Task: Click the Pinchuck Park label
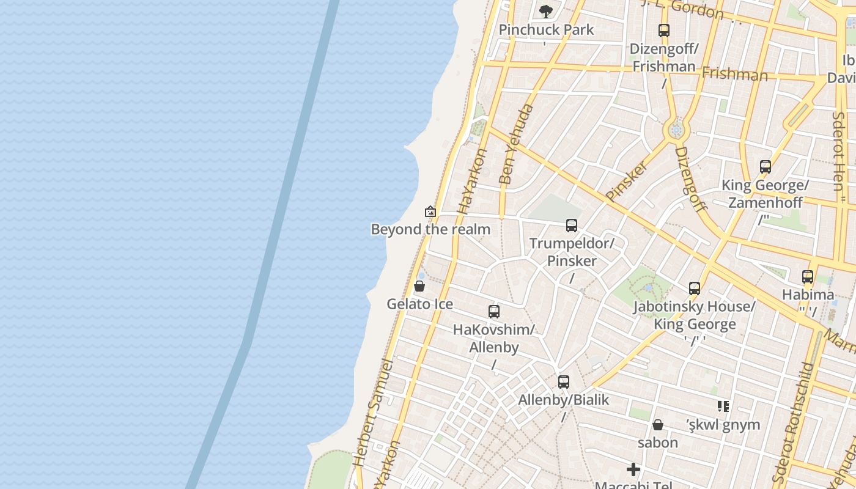coord(546,29)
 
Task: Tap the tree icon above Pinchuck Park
coord(546,10)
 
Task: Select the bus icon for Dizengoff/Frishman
coord(664,30)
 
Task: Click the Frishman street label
coord(734,74)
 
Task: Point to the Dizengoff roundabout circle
coord(676,130)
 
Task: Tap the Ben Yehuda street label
coord(515,144)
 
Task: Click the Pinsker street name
coord(627,181)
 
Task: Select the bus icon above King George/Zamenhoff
coord(766,166)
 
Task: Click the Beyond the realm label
coord(430,229)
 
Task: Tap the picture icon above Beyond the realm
coord(430,211)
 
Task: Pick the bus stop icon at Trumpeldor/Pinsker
coord(572,226)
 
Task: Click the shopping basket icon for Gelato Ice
coord(419,286)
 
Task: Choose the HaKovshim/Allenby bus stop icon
coord(494,312)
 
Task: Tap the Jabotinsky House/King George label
coord(695,315)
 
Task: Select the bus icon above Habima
coord(808,277)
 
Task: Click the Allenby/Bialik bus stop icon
coord(564,382)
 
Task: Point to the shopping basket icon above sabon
coord(658,424)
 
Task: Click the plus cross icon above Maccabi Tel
coord(633,469)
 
